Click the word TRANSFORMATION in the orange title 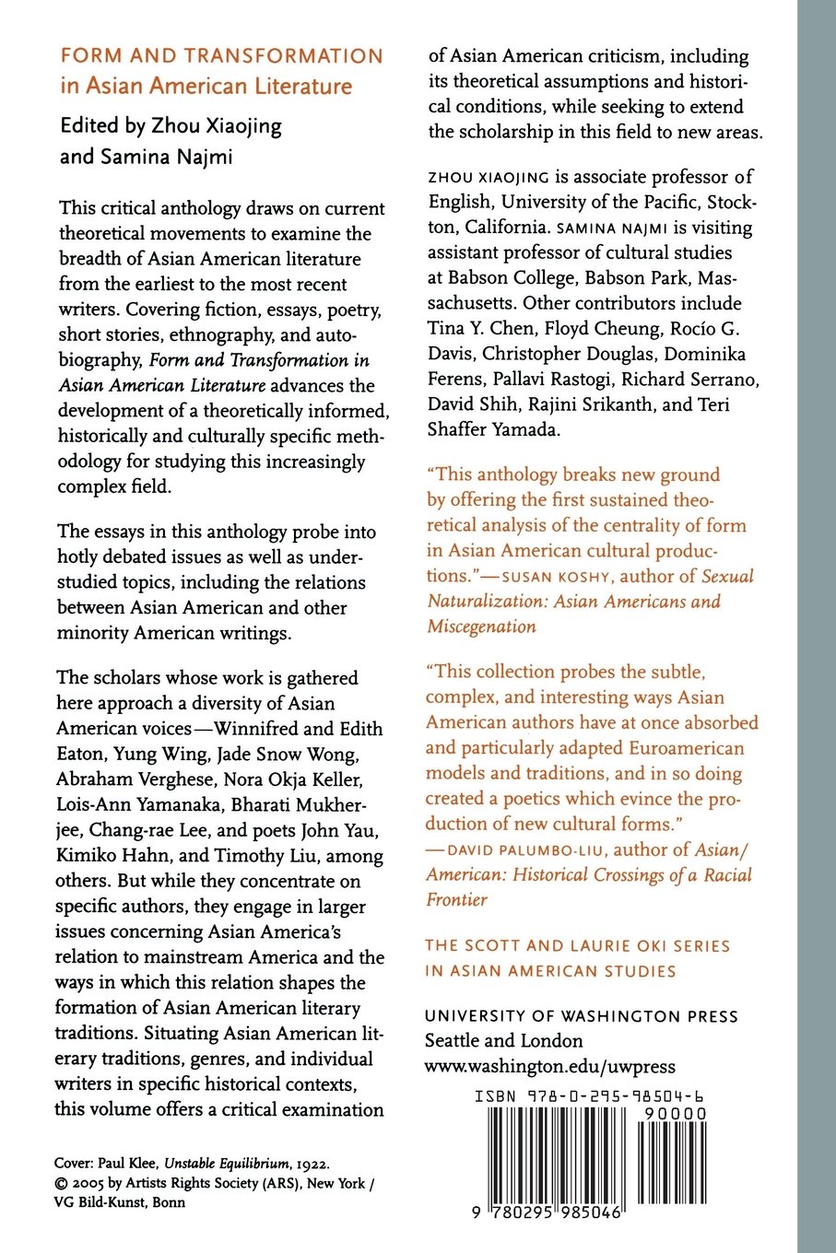pyautogui.click(x=285, y=56)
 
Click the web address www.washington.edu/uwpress pyautogui.click(x=549, y=1067)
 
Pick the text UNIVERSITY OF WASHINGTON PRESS pyautogui.click(x=581, y=1016)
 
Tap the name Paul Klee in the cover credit pyautogui.click(x=127, y=1164)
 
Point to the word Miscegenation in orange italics pyautogui.click(x=481, y=626)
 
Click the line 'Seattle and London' pyautogui.click(x=503, y=1041)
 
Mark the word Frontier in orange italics pyautogui.click(x=456, y=899)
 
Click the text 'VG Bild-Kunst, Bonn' pyautogui.click(x=120, y=1201)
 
